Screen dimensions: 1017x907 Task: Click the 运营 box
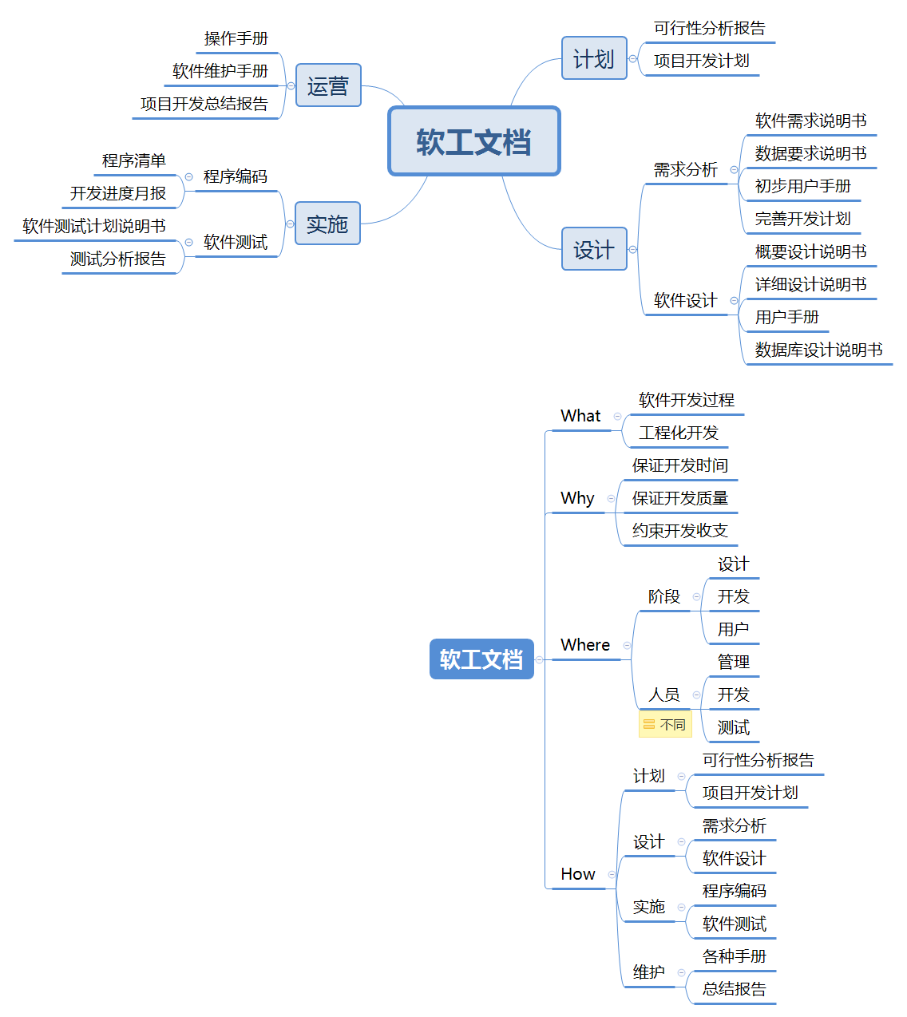coord(328,85)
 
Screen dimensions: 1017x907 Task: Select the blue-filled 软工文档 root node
coord(481,659)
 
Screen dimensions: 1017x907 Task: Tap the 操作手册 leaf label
coord(236,38)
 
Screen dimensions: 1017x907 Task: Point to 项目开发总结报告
coord(204,104)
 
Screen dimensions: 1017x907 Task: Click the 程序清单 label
coord(134,160)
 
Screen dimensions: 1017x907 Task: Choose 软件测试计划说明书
coord(94,226)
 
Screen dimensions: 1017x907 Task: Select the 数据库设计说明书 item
coord(818,350)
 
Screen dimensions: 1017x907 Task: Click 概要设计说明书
coord(810,251)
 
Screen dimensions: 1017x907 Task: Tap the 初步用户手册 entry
coord(802,186)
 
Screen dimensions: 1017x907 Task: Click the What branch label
coord(580,416)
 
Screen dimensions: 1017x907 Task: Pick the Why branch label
coord(577,498)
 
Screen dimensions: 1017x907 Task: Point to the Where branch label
coord(585,645)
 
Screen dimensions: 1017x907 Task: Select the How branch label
coord(578,874)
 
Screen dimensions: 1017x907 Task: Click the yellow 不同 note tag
coord(665,725)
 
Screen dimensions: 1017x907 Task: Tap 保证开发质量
coord(680,498)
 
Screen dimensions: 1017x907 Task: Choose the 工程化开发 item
coord(679,433)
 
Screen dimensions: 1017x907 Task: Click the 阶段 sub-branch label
coord(664,596)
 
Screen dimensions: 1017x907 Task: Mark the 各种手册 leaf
coord(735,956)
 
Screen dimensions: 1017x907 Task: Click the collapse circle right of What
coord(617,416)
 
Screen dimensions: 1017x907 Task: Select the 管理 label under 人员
coord(734,662)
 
